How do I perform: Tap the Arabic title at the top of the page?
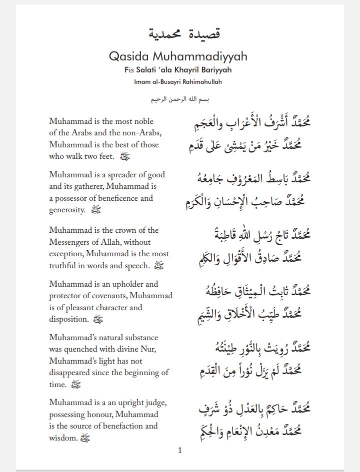pyautogui.click(x=184, y=33)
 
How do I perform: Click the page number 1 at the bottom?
pyautogui.click(x=180, y=450)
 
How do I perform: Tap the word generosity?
pyautogui.click(x=67, y=210)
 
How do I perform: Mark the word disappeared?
pyautogui.click(x=74, y=373)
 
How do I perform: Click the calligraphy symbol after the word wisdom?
pyautogui.click(x=85, y=438)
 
